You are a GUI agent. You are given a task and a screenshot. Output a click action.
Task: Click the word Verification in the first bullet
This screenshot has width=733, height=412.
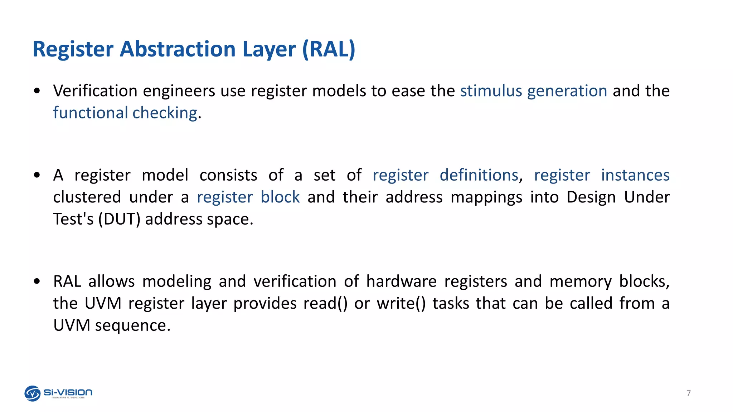coord(95,91)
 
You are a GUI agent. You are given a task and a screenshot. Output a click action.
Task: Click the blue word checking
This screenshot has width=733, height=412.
coord(165,113)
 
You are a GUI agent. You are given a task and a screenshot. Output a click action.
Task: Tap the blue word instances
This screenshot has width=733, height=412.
coord(635,175)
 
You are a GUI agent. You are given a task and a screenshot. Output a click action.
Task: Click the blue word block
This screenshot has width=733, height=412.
coord(280,197)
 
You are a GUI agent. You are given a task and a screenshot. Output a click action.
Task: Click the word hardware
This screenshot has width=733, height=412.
coord(401,281)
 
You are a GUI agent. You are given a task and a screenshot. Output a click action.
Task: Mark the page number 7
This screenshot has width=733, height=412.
coord(689,393)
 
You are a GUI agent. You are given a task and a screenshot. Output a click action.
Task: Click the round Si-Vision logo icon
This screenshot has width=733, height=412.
coord(33,393)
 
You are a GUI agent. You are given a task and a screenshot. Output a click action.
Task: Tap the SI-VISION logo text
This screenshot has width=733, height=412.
coord(68,392)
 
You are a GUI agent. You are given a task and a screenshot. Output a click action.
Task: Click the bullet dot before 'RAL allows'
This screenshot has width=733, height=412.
coord(37,281)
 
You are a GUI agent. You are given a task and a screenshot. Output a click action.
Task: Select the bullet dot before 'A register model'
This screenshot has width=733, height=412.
coord(37,175)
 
